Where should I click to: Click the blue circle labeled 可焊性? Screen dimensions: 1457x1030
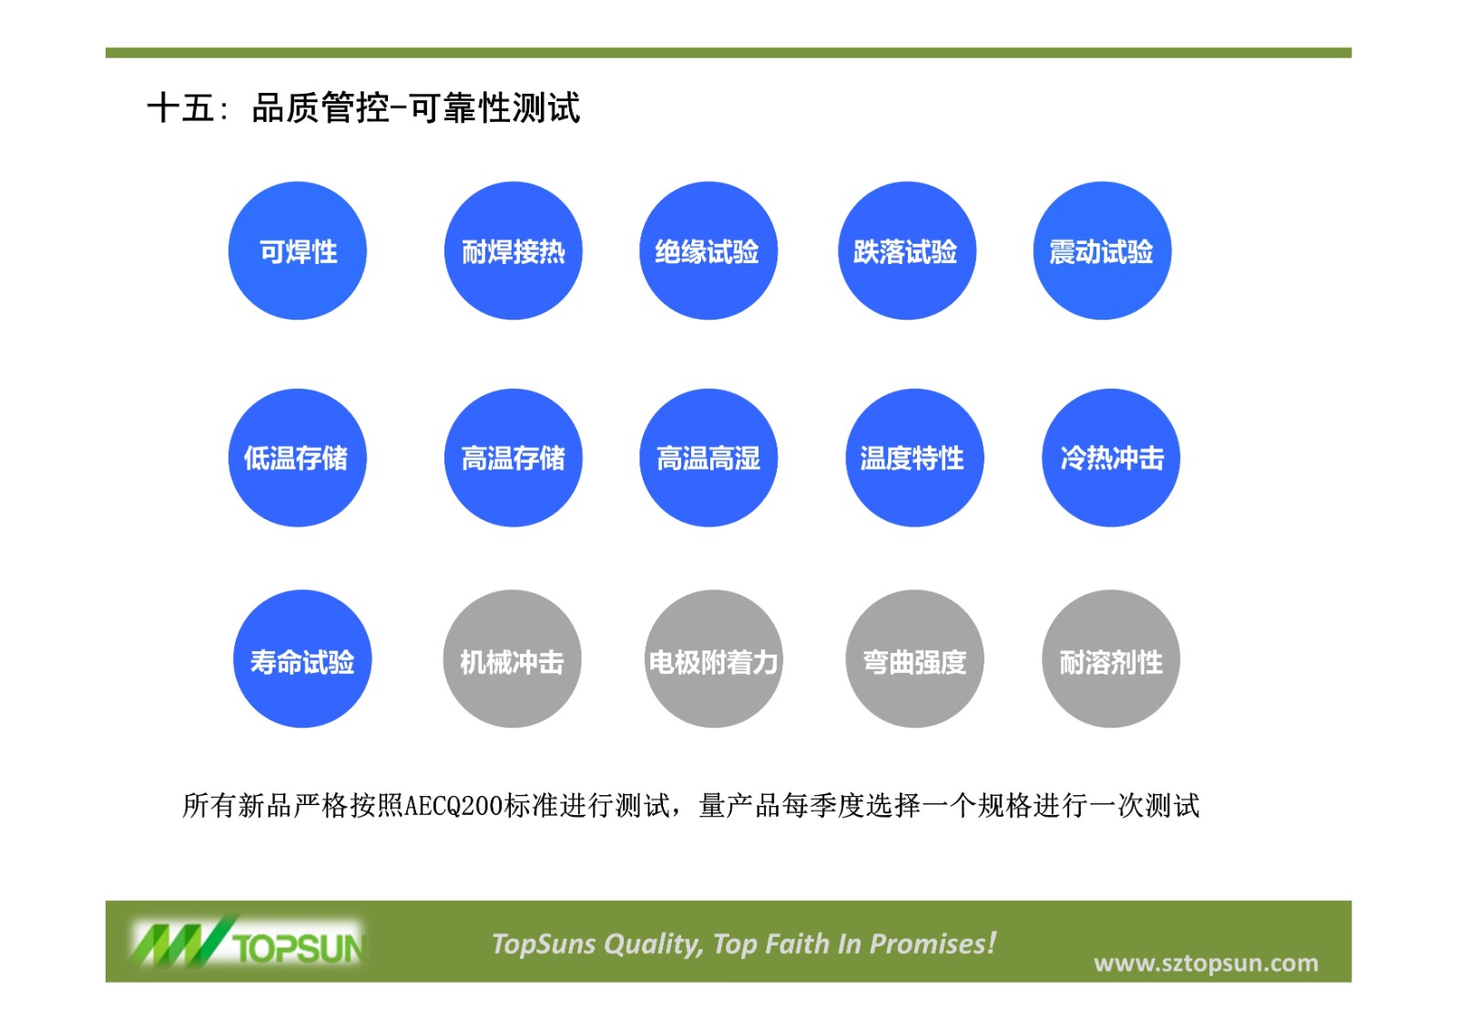297,250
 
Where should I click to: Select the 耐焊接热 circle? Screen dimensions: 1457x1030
514,250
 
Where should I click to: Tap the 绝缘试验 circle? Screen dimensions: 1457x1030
708,250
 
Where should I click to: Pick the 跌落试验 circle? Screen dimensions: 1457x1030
907,250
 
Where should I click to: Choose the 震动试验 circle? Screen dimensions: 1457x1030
1103,250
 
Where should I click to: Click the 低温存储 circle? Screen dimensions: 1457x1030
297,457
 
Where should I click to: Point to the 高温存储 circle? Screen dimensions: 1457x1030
514,457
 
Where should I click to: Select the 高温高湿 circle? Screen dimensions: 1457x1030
708,457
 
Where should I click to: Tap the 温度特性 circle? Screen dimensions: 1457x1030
914,457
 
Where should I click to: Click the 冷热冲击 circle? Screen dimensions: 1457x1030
1111,457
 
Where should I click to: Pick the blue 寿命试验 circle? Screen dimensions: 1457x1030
302,658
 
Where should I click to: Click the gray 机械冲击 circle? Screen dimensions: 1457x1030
512,658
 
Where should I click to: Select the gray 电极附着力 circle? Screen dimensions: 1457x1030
714,658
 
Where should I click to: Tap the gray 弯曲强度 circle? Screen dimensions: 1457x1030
914,658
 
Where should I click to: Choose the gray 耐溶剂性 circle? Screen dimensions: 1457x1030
1111,658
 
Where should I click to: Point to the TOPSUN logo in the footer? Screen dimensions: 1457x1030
248,941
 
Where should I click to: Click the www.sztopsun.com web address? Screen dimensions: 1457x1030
1206,963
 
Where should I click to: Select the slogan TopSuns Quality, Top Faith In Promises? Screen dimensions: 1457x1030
744,943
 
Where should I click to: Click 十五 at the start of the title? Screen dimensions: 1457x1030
181,107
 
